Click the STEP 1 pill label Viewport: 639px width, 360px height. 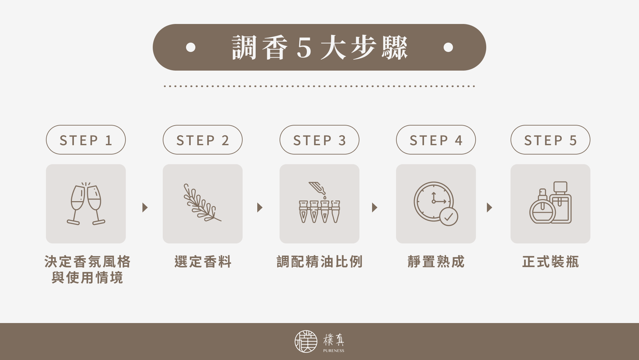[x=86, y=140]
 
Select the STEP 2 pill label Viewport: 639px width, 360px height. [x=202, y=140]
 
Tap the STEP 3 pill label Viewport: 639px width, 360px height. [x=319, y=140]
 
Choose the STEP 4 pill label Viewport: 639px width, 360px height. [x=436, y=140]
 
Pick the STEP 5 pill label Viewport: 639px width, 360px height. [x=550, y=140]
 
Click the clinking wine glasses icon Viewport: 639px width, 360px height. [x=86, y=203]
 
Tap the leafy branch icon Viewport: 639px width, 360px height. [x=202, y=203]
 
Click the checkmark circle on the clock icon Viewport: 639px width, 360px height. [x=449, y=217]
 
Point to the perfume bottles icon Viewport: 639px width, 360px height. [x=550, y=203]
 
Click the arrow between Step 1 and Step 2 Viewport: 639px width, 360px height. [x=145, y=207]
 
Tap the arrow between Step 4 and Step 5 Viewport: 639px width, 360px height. [x=489, y=207]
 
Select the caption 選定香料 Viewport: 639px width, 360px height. [x=203, y=262]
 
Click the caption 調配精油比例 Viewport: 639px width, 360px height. [x=319, y=262]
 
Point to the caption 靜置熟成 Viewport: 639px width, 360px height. [x=436, y=262]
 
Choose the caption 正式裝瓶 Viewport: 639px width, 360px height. [x=550, y=262]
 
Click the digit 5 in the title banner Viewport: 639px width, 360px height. [x=304, y=48]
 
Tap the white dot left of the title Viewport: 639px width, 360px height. [x=191, y=47]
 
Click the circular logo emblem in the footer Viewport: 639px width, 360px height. [x=306, y=341]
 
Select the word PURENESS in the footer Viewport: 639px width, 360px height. [x=333, y=351]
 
